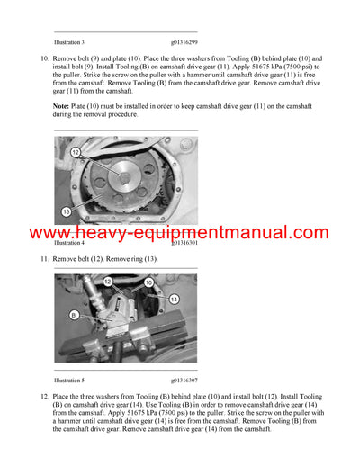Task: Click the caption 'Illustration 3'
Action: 69,42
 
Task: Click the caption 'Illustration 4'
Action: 69,243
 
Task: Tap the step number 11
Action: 43,259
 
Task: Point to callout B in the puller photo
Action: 74,315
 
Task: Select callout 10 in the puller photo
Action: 148,281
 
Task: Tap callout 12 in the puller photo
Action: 107,281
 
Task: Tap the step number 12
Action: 43,396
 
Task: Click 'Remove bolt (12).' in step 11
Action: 83,259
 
